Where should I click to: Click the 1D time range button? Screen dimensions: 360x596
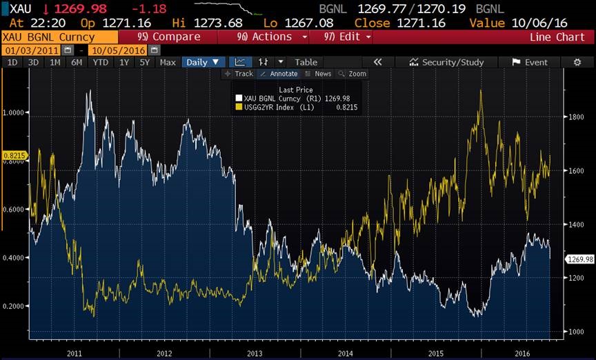[12, 62]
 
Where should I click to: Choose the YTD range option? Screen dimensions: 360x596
[101, 62]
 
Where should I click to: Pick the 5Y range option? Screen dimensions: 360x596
[144, 62]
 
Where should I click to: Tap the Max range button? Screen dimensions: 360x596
[168, 62]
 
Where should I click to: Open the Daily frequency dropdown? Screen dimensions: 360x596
[203, 62]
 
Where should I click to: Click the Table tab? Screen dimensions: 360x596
[306, 62]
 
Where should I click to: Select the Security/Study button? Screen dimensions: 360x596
[446, 62]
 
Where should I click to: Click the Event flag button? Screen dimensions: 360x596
[530, 62]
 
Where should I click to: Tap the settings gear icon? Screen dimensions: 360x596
[577, 62]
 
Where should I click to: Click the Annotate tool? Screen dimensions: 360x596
[279, 74]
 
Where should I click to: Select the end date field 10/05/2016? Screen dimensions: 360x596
[119, 50]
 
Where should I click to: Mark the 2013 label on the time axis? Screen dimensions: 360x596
[255, 352]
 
